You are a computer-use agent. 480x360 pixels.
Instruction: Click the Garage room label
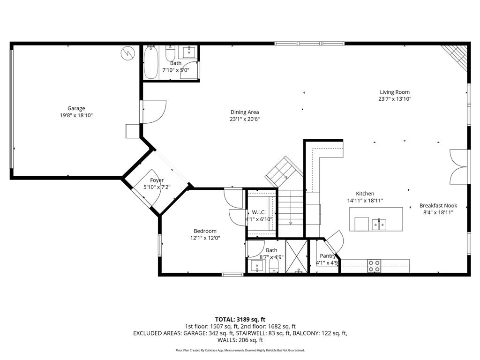pyautogui.click(x=76, y=108)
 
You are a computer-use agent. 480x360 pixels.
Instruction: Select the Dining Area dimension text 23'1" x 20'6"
pyautogui.click(x=244, y=119)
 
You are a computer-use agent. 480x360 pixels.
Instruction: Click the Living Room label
pyautogui.click(x=395, y=92)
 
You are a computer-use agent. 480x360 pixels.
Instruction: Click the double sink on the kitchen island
pyautogui.click(x=379, y=225)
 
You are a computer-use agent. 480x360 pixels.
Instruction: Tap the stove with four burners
pyautogui.click(x=374, y=266)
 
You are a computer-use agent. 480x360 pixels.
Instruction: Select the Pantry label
pyautogui.click(x=328, y=256)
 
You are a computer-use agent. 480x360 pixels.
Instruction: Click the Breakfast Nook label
pyautogui.click(x=438, y=205)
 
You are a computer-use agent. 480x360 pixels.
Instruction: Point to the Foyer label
pyautogui.click(x=157, y=180)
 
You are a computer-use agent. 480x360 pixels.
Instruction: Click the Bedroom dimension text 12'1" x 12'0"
pyautogui.click(x=205, y=238)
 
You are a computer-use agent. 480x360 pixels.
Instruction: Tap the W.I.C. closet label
pyautogui.click(x=259, y=212)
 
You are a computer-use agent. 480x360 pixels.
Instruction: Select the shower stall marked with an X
pyautogui.click(x=296, y=256)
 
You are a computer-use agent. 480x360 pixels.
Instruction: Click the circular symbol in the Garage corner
pyautogui.click(x=126, y=53)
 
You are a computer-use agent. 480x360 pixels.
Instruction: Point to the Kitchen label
pyautogui.click(x=365, y=194)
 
